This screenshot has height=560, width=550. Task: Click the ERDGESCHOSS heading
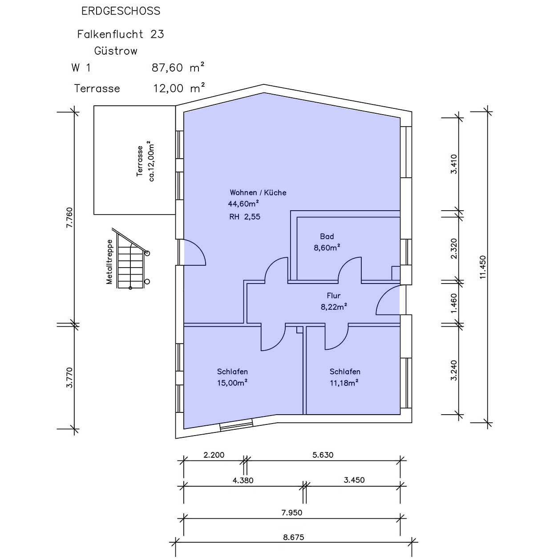[121, 11]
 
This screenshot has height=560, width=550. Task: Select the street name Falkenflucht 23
[121, 34]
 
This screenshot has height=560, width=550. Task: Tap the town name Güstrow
[116, 51]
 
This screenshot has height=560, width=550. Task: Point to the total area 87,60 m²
[178, 67]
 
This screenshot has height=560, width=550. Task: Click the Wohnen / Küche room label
[258, 192]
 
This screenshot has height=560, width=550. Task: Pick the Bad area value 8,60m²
[327, 248]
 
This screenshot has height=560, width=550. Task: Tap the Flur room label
[333, 296]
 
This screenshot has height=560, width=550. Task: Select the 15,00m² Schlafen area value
[232, 383]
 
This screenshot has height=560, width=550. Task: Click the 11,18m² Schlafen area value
[344, 383]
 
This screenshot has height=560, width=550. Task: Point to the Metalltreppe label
[109, 261]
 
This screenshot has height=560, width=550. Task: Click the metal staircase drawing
[131, 259]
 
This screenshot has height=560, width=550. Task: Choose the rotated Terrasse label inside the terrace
[140, 161]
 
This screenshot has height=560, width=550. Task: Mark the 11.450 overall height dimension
[482, 267]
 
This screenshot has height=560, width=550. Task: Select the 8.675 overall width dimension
[293, 537]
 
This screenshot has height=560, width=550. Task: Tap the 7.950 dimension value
[291, 512]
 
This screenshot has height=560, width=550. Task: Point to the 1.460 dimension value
[454, 304]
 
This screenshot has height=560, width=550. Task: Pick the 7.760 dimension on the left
[69, 217]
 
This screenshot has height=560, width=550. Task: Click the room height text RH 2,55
[244, 216]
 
